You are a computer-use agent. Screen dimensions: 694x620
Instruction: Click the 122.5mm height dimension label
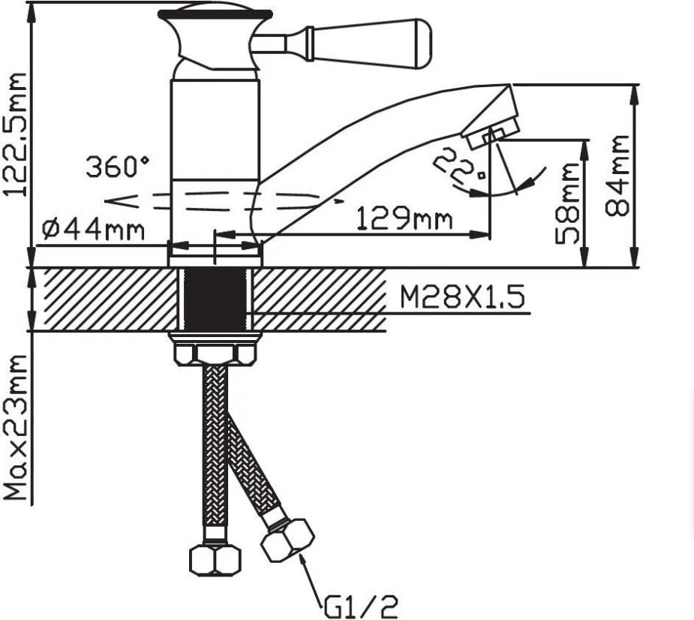tap(14, 134)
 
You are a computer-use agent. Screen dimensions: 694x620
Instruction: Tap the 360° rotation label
tap(117, 167)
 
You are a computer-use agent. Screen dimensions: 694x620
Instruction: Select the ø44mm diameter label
tap(93, 230)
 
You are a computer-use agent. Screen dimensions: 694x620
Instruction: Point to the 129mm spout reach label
tap(404, 218)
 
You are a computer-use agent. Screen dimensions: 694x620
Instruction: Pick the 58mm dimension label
tap(567, 203)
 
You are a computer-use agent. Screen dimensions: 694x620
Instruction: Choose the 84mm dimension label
tap(617, 176)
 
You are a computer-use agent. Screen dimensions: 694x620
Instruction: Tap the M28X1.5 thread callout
tap(462, 296)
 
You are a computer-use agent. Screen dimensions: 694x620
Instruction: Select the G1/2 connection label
tap(361, 606)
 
